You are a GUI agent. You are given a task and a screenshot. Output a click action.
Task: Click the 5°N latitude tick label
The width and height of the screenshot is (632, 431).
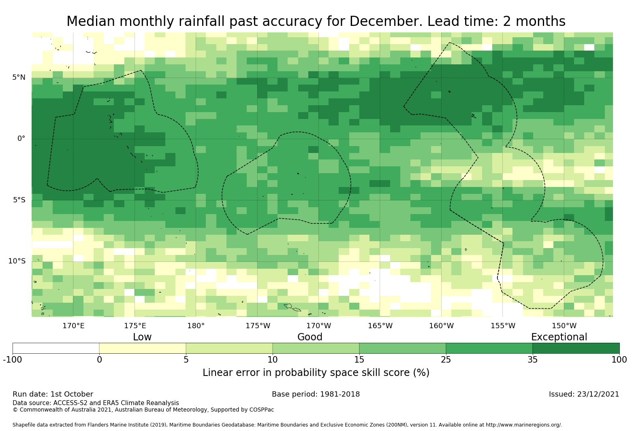tap(19, 77)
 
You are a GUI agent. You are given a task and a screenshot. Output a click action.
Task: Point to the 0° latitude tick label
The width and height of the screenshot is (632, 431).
tap(21, 138)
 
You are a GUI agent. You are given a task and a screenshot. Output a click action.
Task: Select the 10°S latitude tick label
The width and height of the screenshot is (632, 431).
tap(17, 261)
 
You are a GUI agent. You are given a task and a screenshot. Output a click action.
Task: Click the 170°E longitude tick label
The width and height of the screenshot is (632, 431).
tap(73, 326)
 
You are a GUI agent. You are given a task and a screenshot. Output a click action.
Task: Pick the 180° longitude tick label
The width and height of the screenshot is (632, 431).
tap(196, 326)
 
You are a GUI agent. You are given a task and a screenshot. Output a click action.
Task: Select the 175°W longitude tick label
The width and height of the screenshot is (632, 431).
tap(257, 326)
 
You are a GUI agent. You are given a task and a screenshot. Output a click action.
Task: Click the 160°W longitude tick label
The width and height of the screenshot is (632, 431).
tap(441, 326)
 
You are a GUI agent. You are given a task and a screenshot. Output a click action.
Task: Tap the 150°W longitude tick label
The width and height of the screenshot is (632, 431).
tap(564, 326)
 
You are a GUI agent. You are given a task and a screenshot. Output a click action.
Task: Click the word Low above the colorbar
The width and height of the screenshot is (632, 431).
tap(142, 337)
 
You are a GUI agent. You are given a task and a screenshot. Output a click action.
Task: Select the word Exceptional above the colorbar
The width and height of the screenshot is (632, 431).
tap(559, 337)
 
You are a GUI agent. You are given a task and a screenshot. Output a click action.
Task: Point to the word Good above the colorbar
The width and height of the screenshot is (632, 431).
tap(310, 337)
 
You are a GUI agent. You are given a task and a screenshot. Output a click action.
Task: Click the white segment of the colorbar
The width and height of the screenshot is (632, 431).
tap(56, 348)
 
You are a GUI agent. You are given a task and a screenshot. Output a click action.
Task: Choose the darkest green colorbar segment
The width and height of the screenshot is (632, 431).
tap(576, 348)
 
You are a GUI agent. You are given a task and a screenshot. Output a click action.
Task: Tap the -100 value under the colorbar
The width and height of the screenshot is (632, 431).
tap(13, 360)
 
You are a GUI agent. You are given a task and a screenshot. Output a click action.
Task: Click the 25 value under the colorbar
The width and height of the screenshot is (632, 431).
tap(446, 360)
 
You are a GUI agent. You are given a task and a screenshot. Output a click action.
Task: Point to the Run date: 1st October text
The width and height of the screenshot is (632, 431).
tap(53, 394)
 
